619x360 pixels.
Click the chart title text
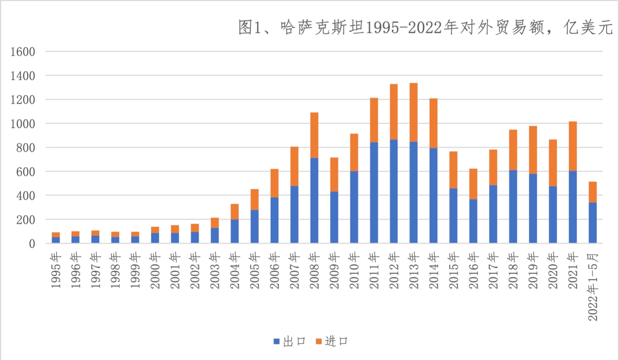[425, 27]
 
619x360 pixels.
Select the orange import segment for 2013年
[413, 112]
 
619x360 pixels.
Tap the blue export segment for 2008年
[314, 200]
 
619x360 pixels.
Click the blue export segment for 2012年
[393, 191]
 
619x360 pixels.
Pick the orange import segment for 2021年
[573, 146]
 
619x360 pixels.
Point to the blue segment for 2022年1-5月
[592, 223]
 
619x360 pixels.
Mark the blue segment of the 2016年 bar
[473, 221]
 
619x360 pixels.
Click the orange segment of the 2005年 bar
[254, 200]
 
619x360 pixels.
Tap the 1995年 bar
[56, 237]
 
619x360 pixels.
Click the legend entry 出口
[290, 341]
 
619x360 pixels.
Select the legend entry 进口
[332, 341]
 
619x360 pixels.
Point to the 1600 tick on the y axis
[23, 52]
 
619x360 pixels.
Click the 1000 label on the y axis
[23, 124]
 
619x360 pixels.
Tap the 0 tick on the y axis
[32, 244]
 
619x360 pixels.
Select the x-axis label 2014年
[433, 271]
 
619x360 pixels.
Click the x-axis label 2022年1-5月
[593, 287]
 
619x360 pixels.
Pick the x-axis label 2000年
[155, 271]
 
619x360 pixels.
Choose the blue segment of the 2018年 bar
[513, 206]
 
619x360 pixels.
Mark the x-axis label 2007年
[294, 271]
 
